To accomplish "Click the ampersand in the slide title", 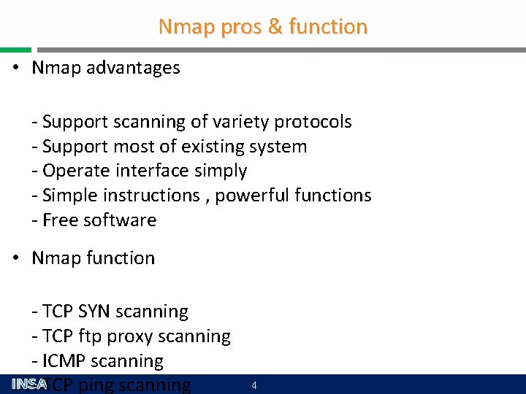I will [x=275, y=27].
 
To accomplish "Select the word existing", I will [x=213, y=147].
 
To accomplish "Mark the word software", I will [x=120, y=220].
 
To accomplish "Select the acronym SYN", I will [x=97, y=312].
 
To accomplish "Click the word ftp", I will [x=91, y=337].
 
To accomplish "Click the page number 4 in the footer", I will [x=254, y=385].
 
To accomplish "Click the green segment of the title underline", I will [x=15, y=50].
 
